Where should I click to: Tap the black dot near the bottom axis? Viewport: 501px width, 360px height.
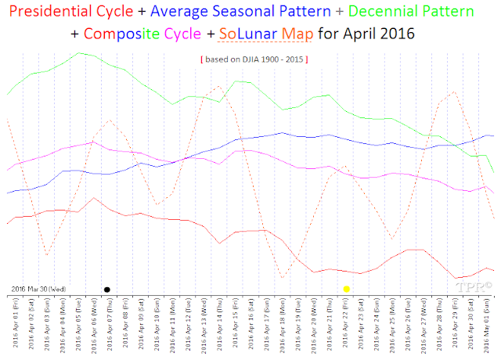(x=106, y=289)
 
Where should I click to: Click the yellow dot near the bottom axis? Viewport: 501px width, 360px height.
(x=346, y=289)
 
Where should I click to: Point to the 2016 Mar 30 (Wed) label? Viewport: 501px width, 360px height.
(x=38, y=289)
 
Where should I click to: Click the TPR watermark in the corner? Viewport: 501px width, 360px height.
(x=474, y=288)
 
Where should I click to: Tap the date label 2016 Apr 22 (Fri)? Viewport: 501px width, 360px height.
(x=346, y=324)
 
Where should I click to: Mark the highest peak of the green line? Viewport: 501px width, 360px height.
(x=79, y=52)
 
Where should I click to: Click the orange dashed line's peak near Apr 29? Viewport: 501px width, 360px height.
(x=453, y=92)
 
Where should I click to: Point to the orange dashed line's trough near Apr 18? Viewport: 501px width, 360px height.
(x=282, y=277)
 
